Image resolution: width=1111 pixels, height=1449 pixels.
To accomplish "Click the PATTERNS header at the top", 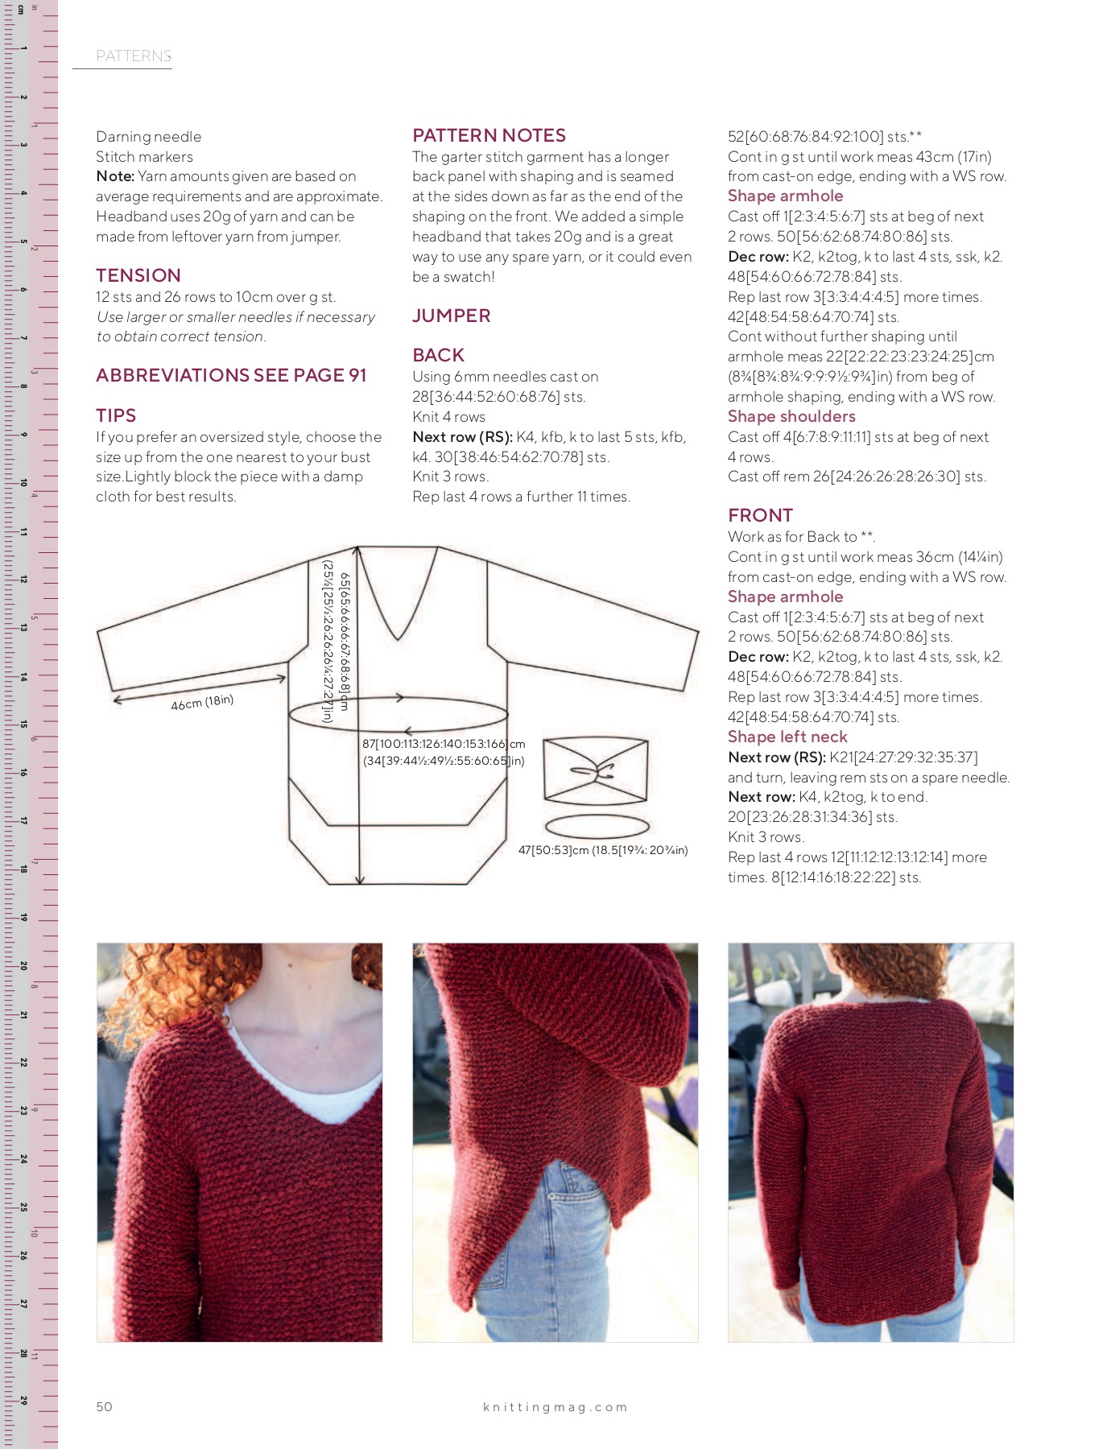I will (134, 56).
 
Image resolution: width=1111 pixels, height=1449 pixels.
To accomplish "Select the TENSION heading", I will (138, 275).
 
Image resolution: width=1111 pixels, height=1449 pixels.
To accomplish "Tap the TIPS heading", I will (116, 415).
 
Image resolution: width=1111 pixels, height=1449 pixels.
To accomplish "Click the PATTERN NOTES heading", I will (489, 135).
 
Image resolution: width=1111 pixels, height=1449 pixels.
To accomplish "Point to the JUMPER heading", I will (451, 316).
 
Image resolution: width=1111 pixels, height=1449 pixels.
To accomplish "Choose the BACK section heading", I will (438, 355).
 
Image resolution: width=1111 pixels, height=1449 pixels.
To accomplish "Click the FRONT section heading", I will (760, 515).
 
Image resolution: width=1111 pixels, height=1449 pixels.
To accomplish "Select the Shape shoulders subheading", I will (791, 416).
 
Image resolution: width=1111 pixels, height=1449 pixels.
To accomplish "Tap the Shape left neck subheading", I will (787, 737).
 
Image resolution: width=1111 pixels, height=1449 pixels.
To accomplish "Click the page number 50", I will (104, 1406).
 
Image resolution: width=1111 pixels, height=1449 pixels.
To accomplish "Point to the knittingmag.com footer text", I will (555, 1407).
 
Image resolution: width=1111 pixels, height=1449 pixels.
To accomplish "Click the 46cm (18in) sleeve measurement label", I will (202, 703).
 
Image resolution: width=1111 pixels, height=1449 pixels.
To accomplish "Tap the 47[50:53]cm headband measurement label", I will (602, 850).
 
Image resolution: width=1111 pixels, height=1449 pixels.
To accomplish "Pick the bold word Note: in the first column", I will (115, 176).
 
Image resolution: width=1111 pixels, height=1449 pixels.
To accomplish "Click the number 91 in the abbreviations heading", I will (357, 375).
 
